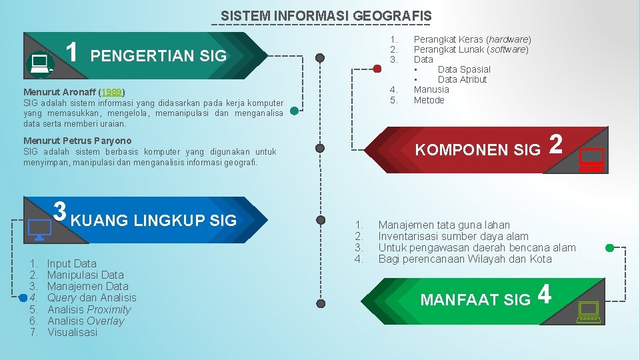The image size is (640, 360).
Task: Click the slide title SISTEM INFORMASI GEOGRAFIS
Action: click(x=326, y=15)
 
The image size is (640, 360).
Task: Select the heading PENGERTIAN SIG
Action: click(x=158, y=56)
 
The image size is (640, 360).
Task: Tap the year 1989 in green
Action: click(x=113, y=91)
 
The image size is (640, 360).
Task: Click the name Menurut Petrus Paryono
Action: click(x=77, y=141)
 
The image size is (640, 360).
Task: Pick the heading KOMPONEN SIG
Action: click(x=477, y=150)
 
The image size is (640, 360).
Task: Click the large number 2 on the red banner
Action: click(x=558, y=145)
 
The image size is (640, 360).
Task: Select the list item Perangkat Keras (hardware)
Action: click(x=472, y=39)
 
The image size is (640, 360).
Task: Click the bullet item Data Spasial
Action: click(x=463, y=69)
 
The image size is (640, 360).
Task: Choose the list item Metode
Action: click(x=429, y=100)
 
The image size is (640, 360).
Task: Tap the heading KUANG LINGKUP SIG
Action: click(x=153, y=221)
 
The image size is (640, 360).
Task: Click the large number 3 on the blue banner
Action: click(x=59, y=211)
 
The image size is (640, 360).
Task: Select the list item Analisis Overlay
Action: click(x=85, y=321)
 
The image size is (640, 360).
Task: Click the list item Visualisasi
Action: click(x=72, y=332)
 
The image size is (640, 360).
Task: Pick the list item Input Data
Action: click(x=71, y=264)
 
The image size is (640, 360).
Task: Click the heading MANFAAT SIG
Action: click(x=475, y=300)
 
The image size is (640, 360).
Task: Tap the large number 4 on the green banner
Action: click(x=545, y=295)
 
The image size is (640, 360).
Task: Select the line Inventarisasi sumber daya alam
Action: click(x=453, y=236)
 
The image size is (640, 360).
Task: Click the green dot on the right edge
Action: click(x=609, y=247)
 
